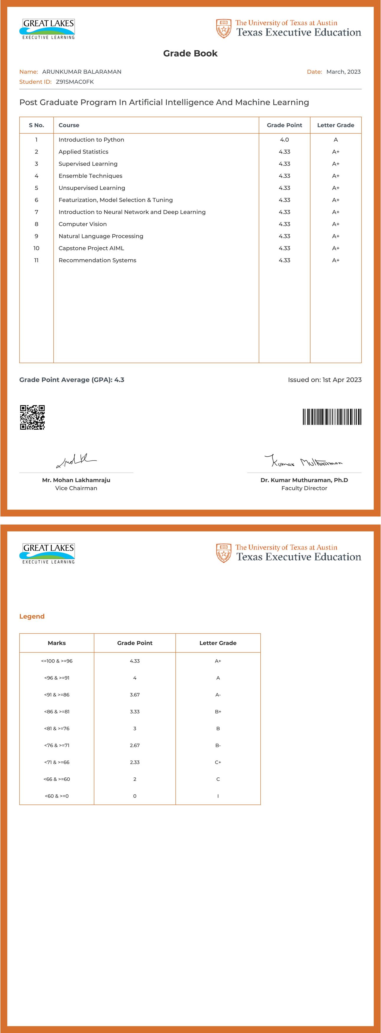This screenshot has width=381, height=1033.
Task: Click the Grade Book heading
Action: coord(190,53)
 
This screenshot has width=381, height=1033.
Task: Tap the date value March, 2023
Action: coord(343,72)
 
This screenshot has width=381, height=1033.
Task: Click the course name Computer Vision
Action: coord(83,224)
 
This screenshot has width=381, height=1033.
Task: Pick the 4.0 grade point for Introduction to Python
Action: coord(284,140)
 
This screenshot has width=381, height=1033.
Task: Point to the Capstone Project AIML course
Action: coord(91,248)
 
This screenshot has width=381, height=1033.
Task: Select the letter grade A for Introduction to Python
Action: coord(336,140)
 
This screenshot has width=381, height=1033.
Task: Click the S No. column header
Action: coord(37,125)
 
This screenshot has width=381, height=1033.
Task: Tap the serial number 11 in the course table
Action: coord(37,260)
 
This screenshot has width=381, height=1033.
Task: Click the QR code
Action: coord(32,418)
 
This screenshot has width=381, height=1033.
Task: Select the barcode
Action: coord(332,417)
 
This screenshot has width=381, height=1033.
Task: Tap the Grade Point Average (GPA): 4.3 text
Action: coord(72,380)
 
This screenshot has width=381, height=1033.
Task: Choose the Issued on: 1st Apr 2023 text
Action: coord(324,380)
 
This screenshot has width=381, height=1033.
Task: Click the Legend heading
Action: coord(32,616)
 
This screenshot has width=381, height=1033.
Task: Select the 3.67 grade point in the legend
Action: coord(134,695)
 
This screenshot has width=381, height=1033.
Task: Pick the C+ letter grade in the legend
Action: coord(218,762)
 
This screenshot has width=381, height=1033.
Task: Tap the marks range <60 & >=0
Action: coord(57,796)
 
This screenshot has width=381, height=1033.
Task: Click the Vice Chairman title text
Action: coord(76,488)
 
